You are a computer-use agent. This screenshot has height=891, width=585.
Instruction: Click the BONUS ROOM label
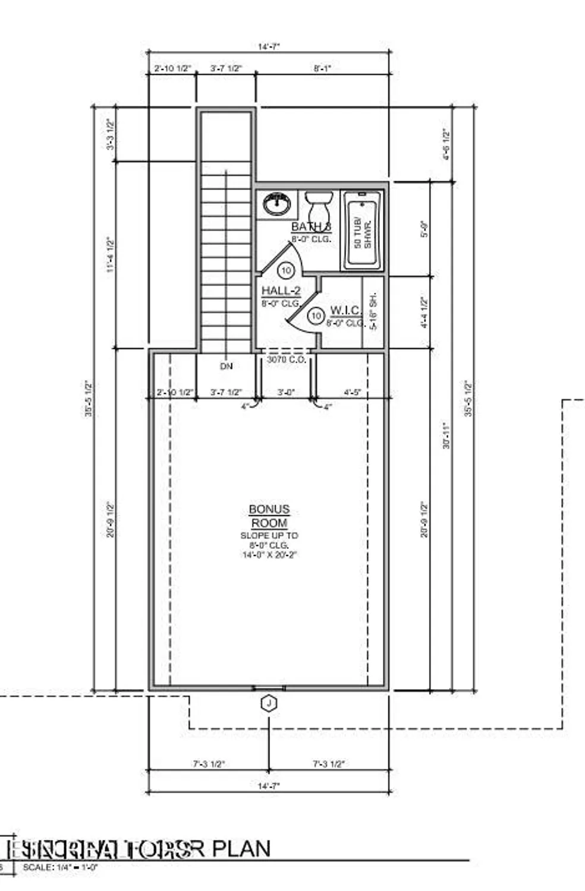[x=269, y=516]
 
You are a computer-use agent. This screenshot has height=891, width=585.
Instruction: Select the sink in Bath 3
[x=276, y=204]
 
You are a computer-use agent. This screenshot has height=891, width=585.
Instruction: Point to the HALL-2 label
[x=281, y=291]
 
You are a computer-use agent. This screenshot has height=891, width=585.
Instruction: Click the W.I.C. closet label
[x=345, y=310]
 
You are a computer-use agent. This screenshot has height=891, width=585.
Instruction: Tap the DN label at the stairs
[x=227, y=366]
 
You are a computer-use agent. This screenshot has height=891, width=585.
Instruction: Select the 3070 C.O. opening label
[x=286, y=359]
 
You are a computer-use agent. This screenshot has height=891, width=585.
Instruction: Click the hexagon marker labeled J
[x=269, y=703]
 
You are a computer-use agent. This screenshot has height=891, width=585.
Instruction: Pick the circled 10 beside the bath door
[x=287, y=271]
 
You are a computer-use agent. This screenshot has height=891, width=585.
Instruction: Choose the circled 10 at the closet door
[x=317, y=315]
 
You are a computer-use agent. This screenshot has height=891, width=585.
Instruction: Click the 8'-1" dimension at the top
[x=322, y=68]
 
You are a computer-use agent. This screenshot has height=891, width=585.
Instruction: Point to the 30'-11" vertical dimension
[x=446, y=435]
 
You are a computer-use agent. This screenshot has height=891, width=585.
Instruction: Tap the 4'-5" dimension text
[x=353, y=393]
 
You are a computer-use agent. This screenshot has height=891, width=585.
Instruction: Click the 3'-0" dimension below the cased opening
[x=286, y=393]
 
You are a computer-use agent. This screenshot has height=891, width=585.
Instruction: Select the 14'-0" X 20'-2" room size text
[x=269, y=555]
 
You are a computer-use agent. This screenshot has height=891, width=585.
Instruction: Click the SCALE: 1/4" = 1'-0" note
[x=60, y=868]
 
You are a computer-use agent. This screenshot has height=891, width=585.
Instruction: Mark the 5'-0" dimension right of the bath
[x=424, y=229]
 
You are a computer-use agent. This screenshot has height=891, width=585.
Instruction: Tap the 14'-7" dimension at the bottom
[x=269, y=786]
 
